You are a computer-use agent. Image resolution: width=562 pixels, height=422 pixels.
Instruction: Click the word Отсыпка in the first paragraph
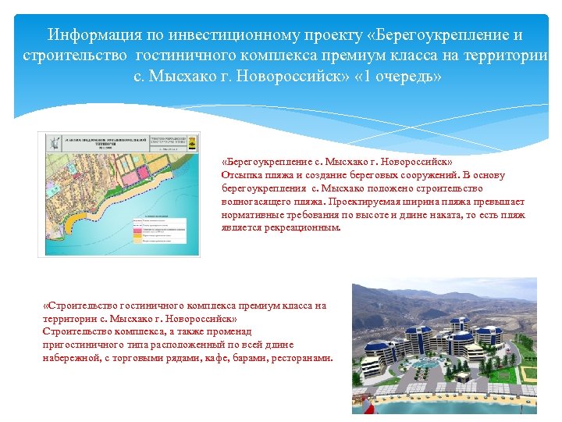click(x=240, y=175)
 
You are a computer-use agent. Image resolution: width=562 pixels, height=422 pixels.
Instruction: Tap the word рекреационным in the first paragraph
click(x=297, y=228)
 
